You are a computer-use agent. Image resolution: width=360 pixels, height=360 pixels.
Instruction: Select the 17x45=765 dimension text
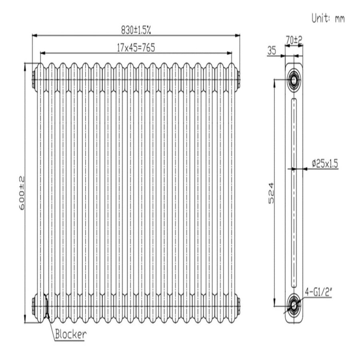click(x=136, y=47)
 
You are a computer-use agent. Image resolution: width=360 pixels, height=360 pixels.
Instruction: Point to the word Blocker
click(x=70, y=334)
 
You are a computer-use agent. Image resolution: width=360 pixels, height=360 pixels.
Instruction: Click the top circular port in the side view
click(x=294, y=79)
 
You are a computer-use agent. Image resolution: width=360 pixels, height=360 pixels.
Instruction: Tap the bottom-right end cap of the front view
click(x=239, y=306)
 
